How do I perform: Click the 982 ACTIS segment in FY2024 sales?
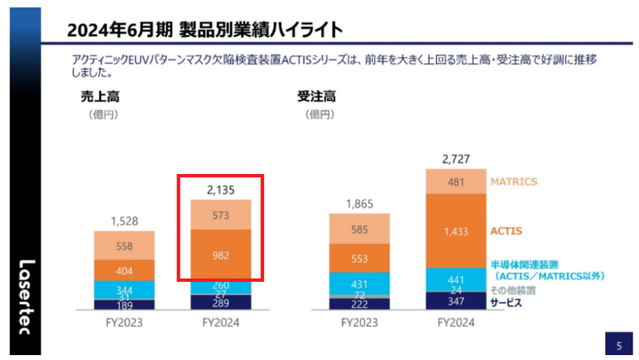coord(221,255)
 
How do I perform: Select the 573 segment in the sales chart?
coord(221,215)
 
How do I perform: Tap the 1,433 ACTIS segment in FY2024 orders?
coord(455,230)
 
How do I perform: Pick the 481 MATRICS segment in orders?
coord(455,181)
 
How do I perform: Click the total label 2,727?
coord(455,159)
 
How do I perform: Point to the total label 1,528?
coord(124,222)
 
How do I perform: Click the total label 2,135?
coord(221,189)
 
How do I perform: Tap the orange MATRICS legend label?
coord(515,182)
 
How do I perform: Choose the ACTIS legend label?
coord(506,230)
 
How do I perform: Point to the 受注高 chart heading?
coord(317,97)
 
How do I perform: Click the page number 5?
coord(619,345)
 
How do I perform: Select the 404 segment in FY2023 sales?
coord(124,270)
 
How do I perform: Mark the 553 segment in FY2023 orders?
coord(359,258)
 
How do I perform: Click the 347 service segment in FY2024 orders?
coord(455,301)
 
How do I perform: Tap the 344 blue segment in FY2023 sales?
coord(124,289)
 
